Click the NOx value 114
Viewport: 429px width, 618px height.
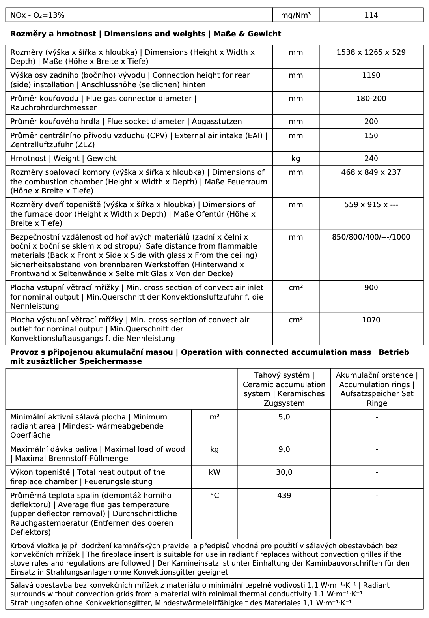[371, 15]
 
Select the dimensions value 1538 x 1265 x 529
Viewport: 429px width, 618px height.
[371, 52]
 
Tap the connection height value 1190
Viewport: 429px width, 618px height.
[371, 75]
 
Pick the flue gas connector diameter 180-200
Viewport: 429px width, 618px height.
[371, 99]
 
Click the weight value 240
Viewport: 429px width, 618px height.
[371, 159]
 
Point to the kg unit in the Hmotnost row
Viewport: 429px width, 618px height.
[296, 159]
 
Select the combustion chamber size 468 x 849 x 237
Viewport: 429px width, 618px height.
[371, 172]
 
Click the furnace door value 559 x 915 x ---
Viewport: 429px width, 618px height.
[371, 205]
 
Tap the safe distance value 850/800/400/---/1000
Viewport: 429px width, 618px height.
[371, 237]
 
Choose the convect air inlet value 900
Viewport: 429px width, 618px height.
[371, 288]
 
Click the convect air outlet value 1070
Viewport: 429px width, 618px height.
[371, 320]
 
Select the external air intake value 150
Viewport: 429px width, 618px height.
[371, 136]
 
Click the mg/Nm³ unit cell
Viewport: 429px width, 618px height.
[296, 15]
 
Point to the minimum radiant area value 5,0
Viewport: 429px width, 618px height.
[284, 417]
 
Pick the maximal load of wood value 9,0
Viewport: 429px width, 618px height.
[284, 449]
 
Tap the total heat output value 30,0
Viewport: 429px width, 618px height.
[284, 472]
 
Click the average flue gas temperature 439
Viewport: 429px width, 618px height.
[284, 496]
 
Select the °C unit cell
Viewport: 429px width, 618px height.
[214, 496]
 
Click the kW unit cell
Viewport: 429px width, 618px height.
[214, 472]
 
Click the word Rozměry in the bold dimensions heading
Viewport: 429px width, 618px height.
[25, 34]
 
